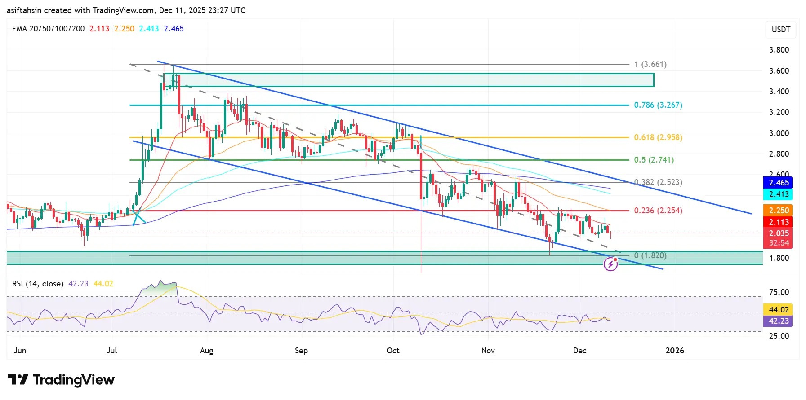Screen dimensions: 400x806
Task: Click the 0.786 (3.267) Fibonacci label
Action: click(658, 105)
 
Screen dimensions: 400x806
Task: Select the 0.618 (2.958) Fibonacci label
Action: click(658, 137)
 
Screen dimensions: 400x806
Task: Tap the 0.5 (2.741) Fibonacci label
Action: click(654, 160)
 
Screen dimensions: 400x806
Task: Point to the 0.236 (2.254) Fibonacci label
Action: click(658, 211)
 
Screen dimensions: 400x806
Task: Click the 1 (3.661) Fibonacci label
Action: click(650, 64)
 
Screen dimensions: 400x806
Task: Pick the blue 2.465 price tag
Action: click(778, 183)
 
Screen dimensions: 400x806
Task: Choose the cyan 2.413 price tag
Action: click(778, 194)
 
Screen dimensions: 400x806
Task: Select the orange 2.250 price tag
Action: click(778, 211)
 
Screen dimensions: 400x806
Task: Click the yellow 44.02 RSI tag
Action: click(778, 310)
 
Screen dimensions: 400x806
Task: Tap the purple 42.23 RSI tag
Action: click(778, 321)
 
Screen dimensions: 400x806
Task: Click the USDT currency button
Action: click(781, 30)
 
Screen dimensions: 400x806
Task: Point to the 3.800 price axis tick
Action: click(779, 50)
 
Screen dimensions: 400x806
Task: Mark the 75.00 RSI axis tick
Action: click(779, 292)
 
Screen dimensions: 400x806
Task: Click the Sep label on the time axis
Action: click(301, 351)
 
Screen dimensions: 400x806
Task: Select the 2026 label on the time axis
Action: click(674, 351)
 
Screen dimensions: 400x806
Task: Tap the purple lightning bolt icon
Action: click(610, 265)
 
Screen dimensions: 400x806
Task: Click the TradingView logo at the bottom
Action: click(62, 380)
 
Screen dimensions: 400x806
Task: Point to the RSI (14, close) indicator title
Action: click(37, 284)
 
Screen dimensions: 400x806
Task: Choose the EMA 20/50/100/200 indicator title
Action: click(48, 29)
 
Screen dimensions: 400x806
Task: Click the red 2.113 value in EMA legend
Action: click(99, 29)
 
